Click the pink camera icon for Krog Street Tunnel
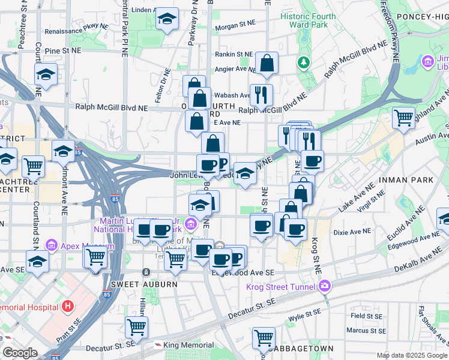pyautogui.click(x=325, y=286)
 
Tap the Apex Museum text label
pyautogui.click(x=86, y=246)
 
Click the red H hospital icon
pyautogui.click(x=68, y=306)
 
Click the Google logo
pyautogui.click(x=20, y=353)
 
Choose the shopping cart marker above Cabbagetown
pyautogui.click(x=264, y=338)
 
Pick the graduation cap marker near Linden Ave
pyautogui.click(x=167, y=19)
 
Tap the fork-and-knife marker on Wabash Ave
pyautogui.click(x=261, y=94)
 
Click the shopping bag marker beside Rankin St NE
pyautogui.click(x=266, y=62)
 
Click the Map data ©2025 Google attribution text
pyautogui.click(x=412, y=355)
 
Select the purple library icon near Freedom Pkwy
pyautogui.click(x=428, y=61)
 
